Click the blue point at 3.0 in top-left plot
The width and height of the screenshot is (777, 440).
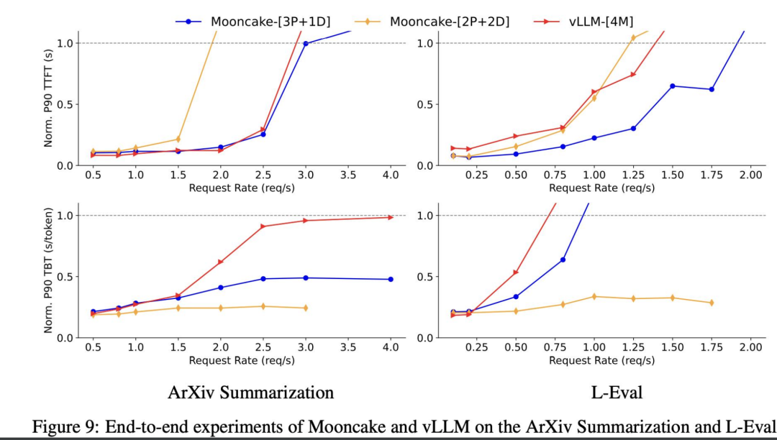306,43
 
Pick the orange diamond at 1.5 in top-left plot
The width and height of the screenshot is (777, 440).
178,139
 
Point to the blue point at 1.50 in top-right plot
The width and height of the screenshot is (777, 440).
672,86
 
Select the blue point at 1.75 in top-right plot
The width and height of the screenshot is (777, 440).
712,89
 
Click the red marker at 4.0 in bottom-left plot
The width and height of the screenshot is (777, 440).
391,217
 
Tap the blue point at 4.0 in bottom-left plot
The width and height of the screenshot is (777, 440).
391,279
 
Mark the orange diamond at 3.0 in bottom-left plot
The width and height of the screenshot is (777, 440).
306,308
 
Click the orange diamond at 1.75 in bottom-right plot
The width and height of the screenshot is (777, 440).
712,303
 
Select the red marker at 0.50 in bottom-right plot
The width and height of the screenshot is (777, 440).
515,272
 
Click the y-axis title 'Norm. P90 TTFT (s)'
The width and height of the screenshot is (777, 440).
48,98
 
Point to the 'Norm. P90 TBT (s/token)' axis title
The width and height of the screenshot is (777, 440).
48,270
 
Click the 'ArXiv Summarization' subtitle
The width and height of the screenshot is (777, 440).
250,393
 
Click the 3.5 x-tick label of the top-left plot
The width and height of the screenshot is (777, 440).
348,175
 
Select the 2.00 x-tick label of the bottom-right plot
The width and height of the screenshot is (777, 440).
750,347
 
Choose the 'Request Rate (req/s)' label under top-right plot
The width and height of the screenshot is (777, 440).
601,188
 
